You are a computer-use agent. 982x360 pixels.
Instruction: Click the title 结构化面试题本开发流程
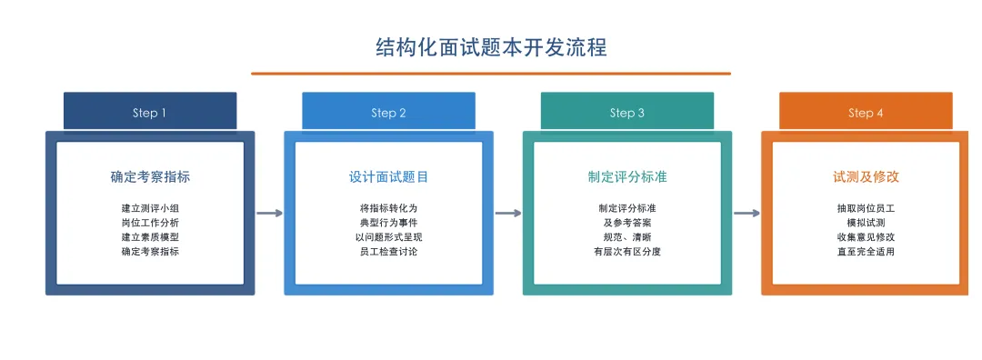(491, 47)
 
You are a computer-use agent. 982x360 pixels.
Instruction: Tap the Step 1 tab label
(150, 114)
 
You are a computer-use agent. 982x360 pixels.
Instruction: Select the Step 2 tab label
(388, 114)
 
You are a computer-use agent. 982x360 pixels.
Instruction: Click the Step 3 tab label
(626, 114)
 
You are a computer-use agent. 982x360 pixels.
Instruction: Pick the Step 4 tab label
(866, 114)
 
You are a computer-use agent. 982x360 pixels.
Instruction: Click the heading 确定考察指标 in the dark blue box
(150, 177)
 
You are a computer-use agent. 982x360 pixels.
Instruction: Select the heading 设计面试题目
(389, 177)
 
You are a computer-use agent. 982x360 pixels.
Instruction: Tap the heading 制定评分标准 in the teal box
(627, 177)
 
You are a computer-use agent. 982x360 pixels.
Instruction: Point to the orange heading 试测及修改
(867, 177)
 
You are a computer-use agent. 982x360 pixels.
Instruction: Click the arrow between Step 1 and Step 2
(269, 214)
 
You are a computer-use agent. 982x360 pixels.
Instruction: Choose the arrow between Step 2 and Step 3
(508, 214)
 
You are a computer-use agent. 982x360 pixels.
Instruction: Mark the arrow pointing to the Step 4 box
(747, 214)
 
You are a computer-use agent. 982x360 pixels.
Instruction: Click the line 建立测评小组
(150, 208)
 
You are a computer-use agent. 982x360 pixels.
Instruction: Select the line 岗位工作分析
(150, 223)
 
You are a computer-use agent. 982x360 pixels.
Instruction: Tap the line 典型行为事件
(389, 223)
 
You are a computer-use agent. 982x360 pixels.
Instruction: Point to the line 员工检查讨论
(389, 252)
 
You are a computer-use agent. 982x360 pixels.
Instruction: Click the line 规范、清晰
(627, 237)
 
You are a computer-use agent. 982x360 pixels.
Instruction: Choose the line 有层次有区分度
(627, 252)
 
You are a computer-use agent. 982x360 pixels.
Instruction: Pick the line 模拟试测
(867, 223)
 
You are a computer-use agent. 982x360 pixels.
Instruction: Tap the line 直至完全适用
(867, 252)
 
